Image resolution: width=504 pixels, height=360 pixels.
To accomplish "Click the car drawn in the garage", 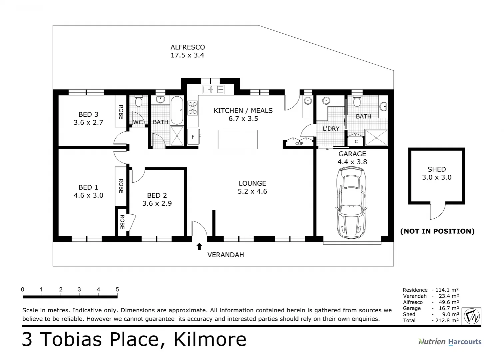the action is tap(351, 202).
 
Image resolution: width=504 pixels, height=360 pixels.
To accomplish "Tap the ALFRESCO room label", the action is tap(188, 47).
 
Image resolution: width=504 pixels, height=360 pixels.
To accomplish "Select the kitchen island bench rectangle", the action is tap(238, 139).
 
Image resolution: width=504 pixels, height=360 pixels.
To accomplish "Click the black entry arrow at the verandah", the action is tap(199, 246).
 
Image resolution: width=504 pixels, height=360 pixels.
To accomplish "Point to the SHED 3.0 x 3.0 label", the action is tap(436, 173).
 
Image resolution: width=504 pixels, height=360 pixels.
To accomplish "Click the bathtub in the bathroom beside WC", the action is tap(177, 110).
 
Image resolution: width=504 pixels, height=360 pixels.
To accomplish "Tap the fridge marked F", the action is tap(193, 136).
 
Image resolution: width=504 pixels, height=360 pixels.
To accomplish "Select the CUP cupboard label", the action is tap(299, 144).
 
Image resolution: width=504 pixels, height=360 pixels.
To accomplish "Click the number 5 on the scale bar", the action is tap(117, 289).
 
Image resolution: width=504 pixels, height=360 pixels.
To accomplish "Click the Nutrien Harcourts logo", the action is tap(450, 342).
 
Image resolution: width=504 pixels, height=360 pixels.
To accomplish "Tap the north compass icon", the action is tap(472, 316).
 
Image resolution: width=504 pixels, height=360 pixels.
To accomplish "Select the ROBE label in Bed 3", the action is tap(121, 112).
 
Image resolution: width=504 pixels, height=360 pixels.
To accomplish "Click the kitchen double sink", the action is tap(213, 89).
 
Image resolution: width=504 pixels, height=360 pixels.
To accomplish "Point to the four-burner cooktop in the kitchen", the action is tap(193, 108).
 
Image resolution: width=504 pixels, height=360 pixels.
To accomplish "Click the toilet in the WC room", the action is tap(139, 101).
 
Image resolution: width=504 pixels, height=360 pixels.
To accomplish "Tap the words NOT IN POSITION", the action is tap(437, 231).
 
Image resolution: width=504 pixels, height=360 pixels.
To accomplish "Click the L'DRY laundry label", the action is tap(331, 129).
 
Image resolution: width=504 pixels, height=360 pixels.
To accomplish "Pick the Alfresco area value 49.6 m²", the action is tap(449, 302).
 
